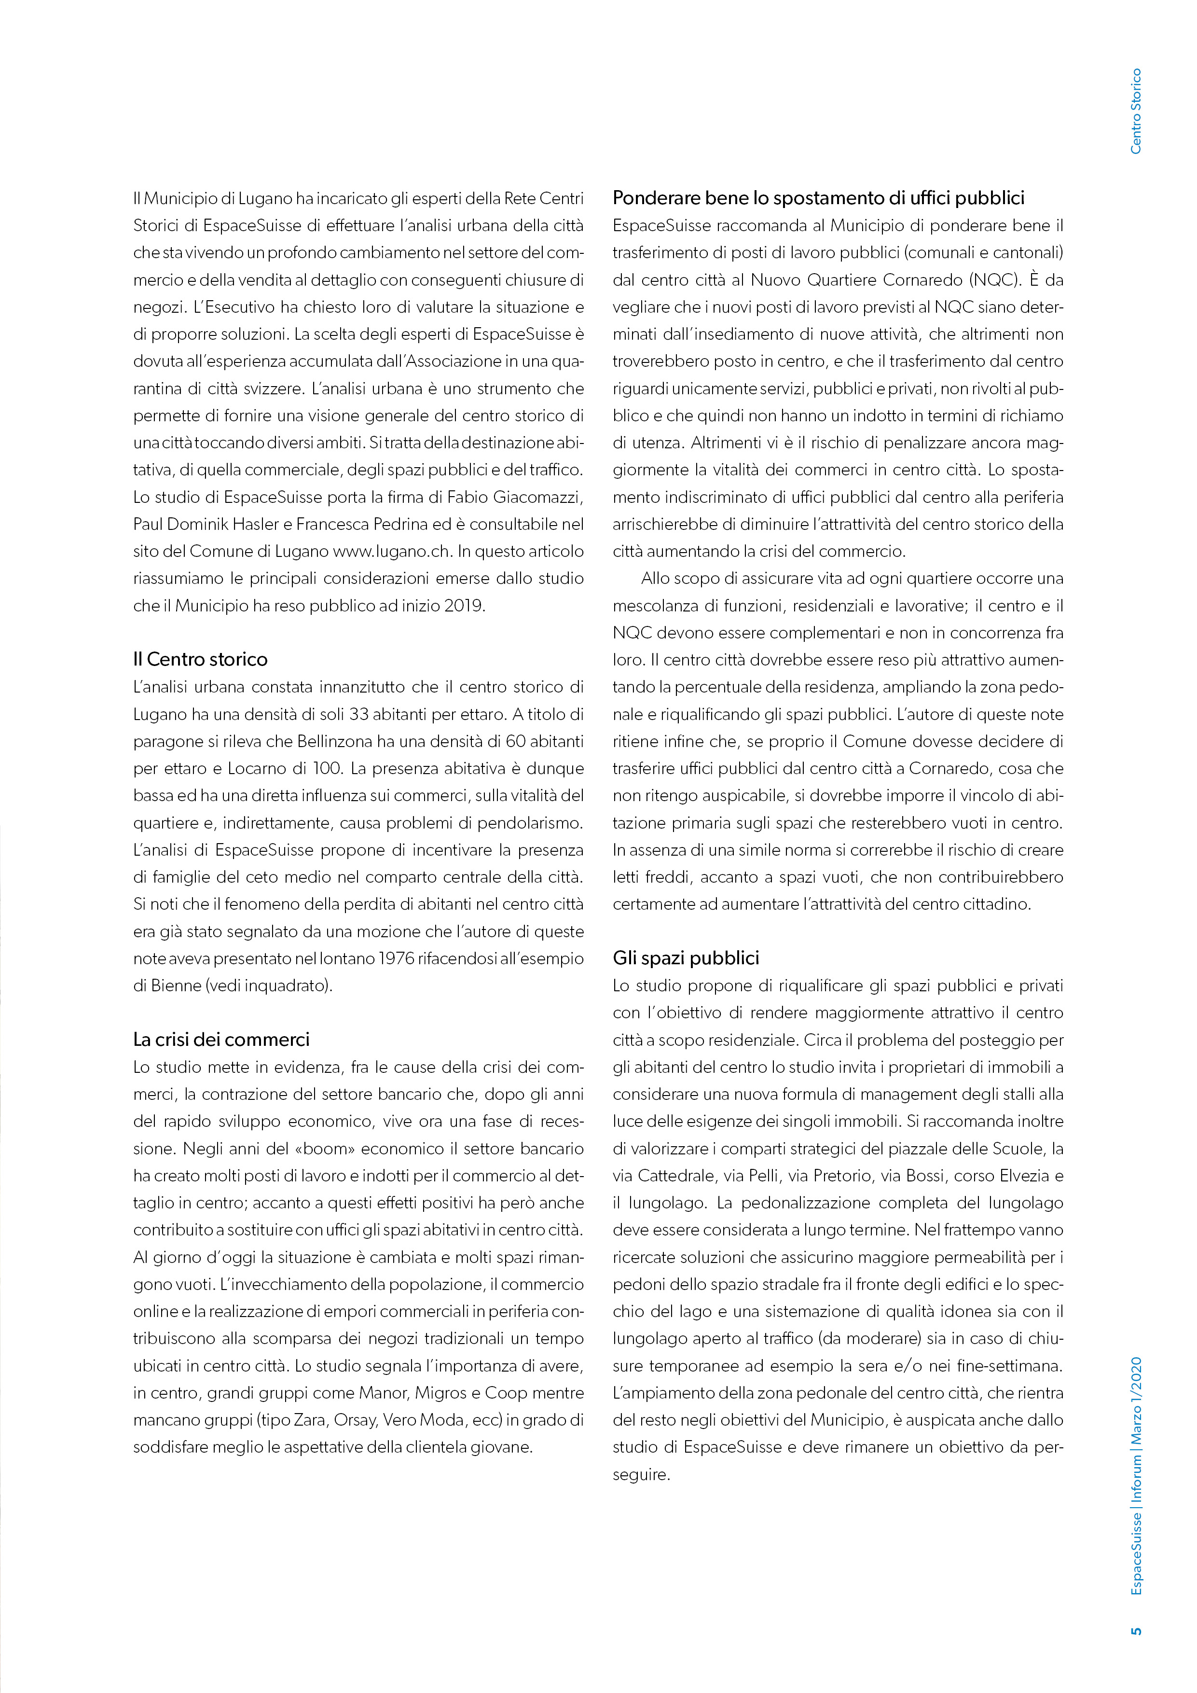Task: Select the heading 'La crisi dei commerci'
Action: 221,1040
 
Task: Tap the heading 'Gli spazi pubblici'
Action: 686,958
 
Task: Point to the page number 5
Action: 1136,1630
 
